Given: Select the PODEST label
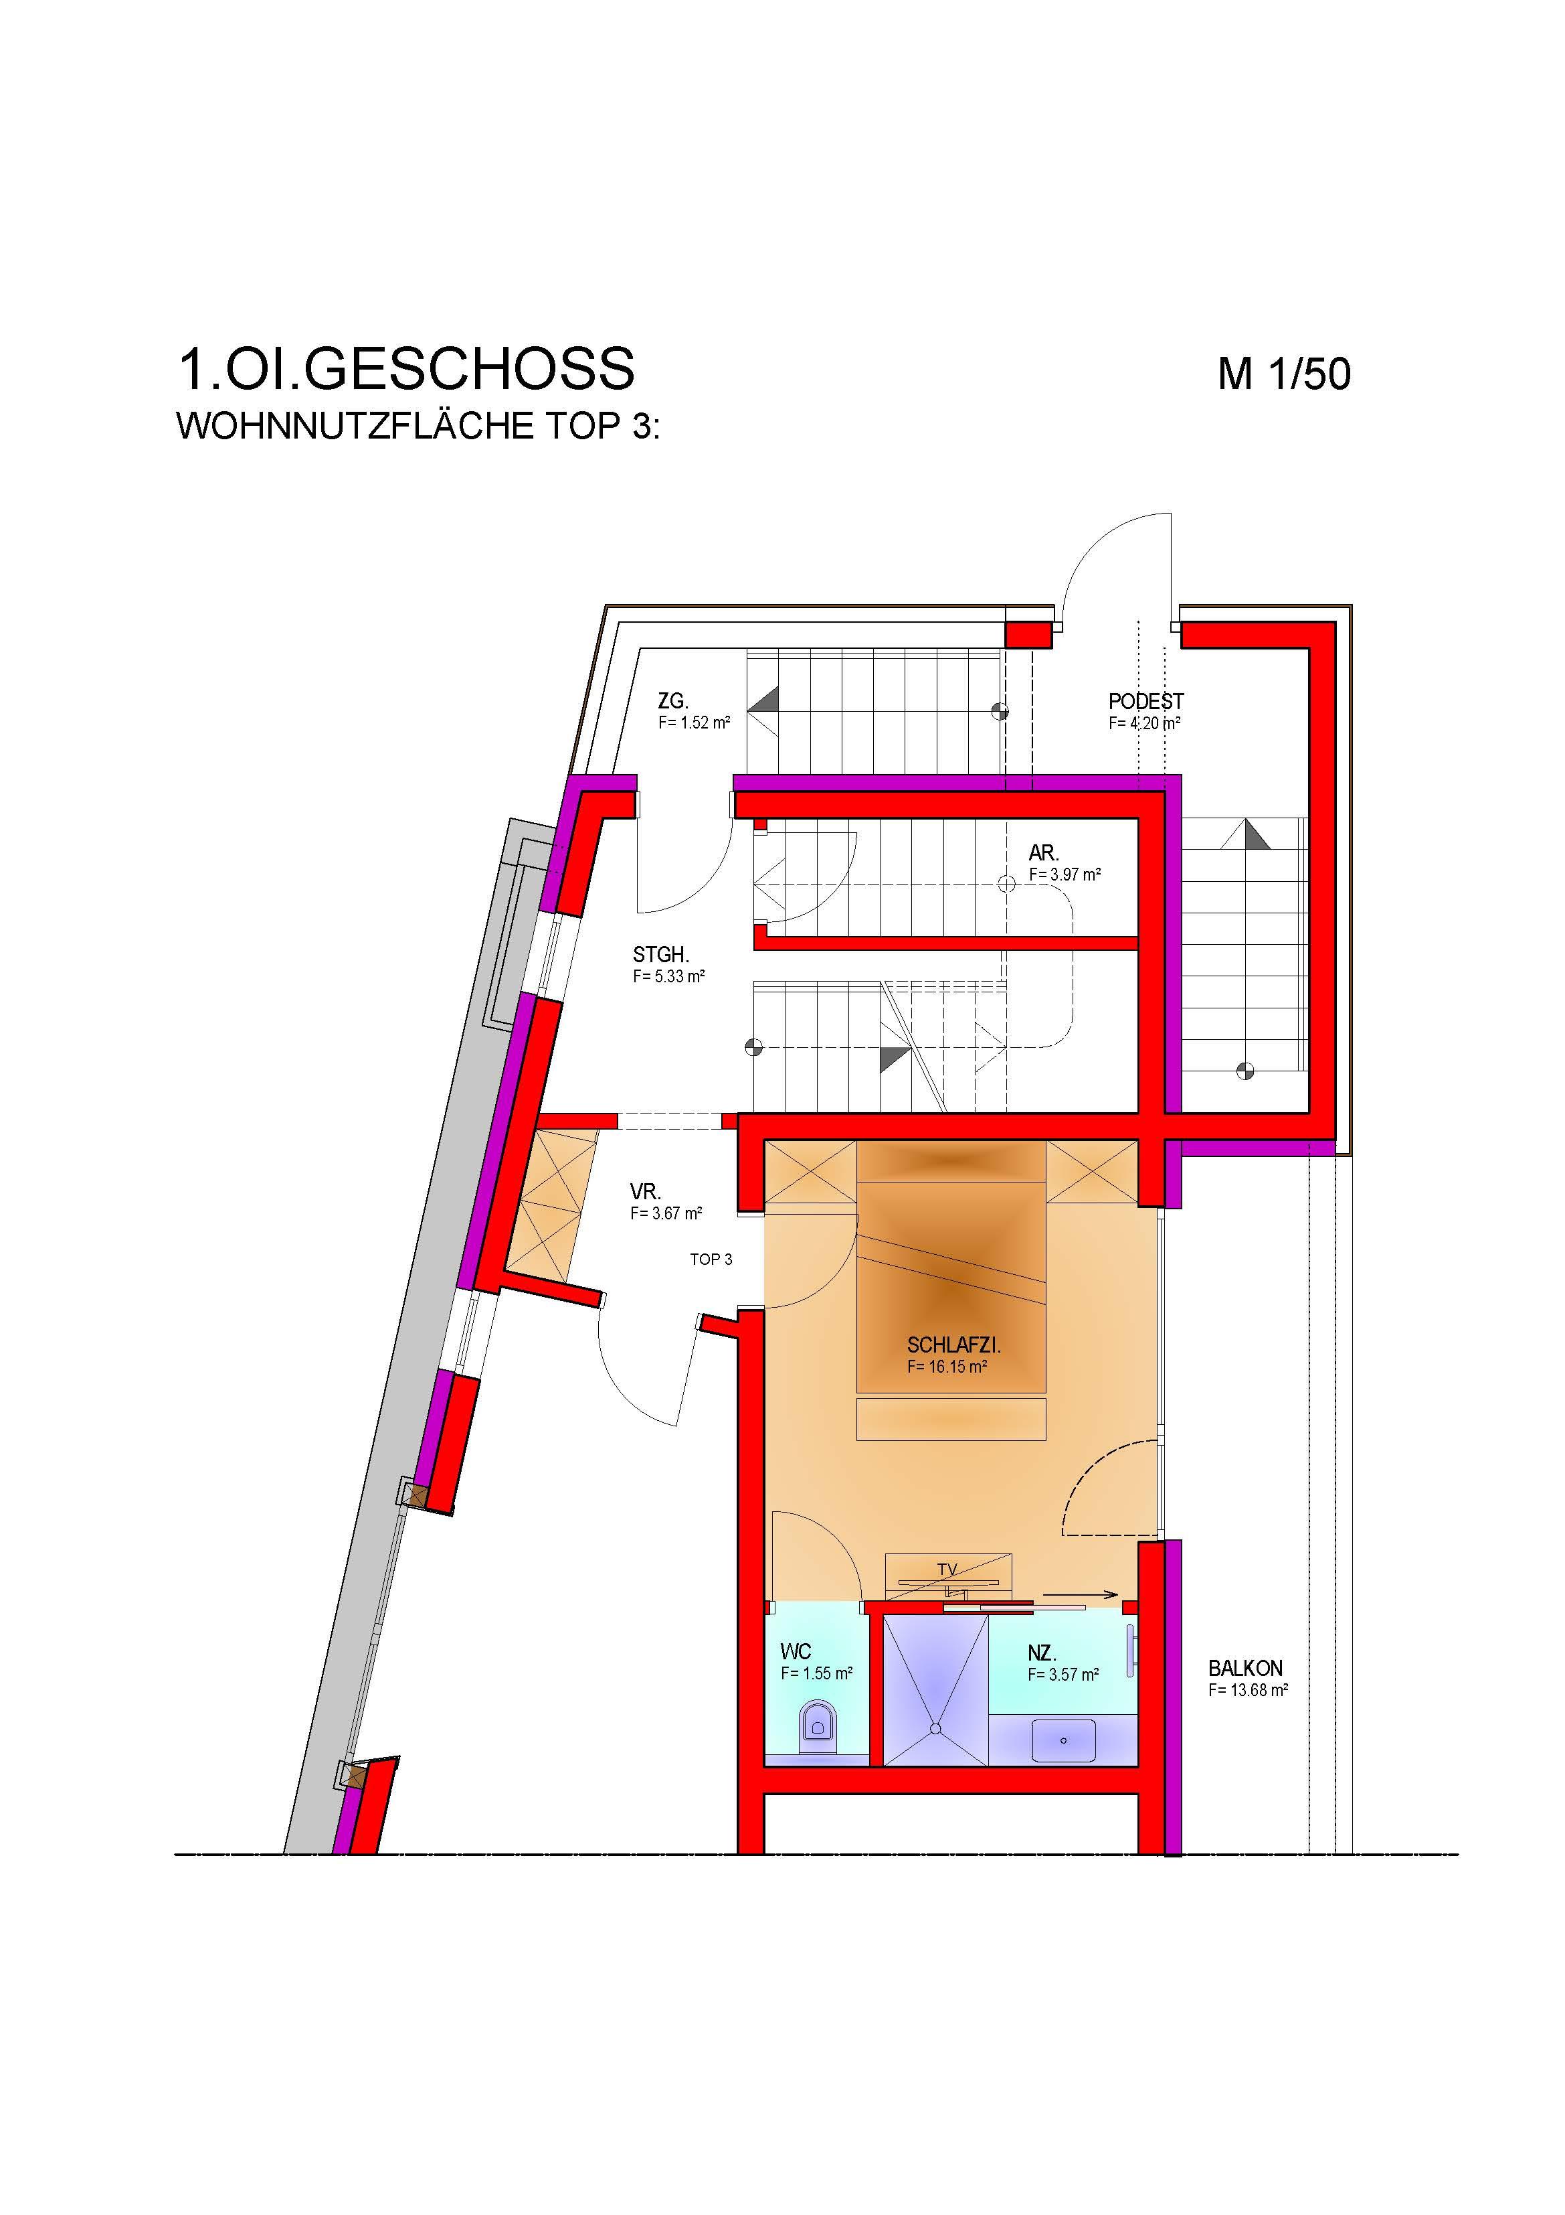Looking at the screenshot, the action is click(1145, 701).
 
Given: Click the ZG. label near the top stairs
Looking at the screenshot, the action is click(673, 701).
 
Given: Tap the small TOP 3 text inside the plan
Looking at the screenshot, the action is click(711, 1259).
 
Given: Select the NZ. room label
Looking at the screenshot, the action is click(1041, 1653).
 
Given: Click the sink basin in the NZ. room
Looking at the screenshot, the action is click(1064, 1740).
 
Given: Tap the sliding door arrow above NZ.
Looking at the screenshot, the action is click(1081, 1595).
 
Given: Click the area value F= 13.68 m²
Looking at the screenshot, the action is click(1249, 1690).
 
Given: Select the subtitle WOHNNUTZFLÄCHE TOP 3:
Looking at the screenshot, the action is click(418, 427).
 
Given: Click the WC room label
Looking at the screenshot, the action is click(796, 1653).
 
